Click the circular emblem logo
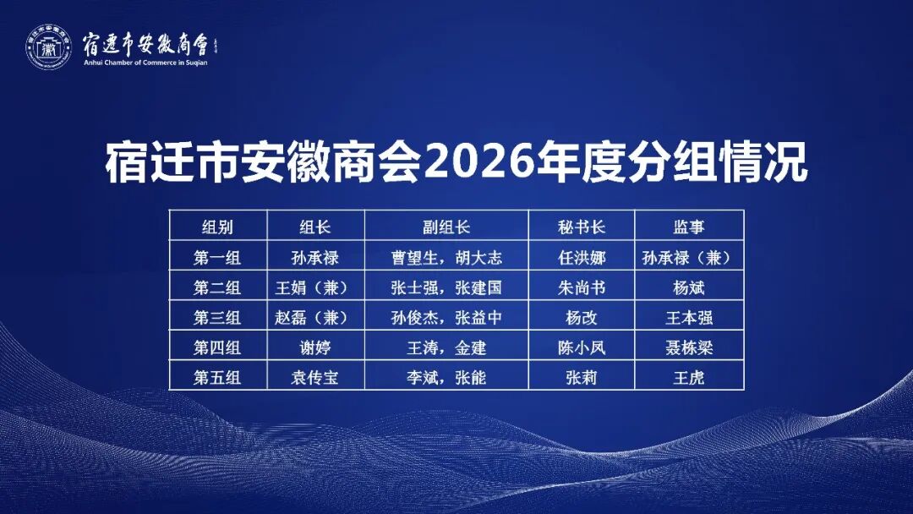(48, 47)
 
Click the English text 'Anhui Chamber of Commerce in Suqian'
(145, 63)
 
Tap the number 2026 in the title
(479, 161)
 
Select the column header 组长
(315, 227)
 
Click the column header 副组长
(446, 227)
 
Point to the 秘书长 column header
(582, 227)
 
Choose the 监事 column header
(689, 227)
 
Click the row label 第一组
(217, 257)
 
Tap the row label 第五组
(217, 378)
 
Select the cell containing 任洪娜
(582, 257)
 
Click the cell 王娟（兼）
(315, 287)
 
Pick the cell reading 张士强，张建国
(446, 287)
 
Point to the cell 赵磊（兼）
(315, 318)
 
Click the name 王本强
(689, 318)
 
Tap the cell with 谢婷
(315, 348)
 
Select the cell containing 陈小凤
(582, 348)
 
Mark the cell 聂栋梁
(689, 348)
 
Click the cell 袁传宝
(315, 378)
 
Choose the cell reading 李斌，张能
(446, 378)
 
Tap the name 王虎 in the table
(689, 378)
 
